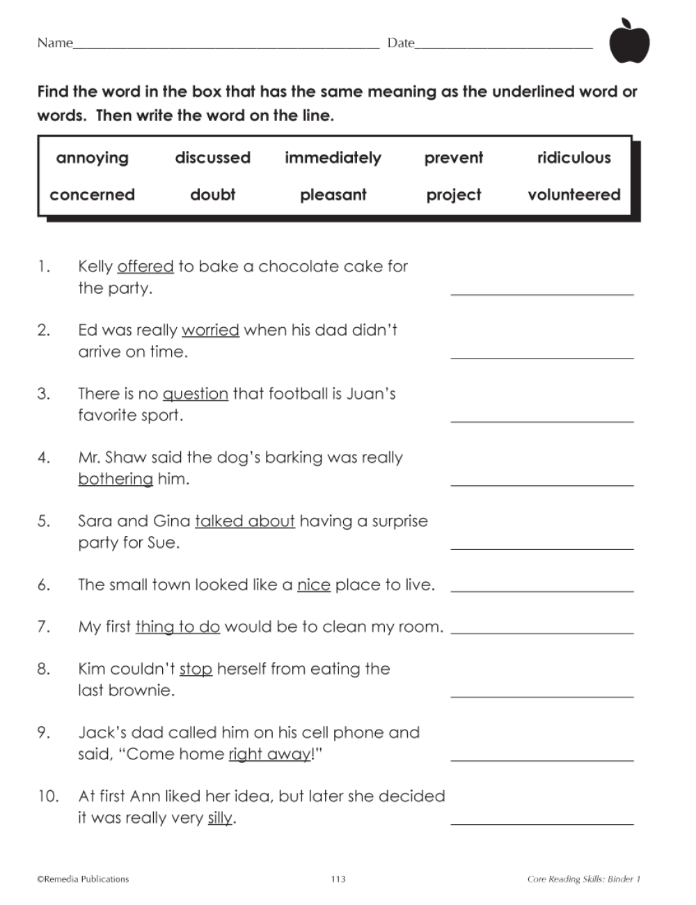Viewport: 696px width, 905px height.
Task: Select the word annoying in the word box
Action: pyautogui.click(x=93, y=158)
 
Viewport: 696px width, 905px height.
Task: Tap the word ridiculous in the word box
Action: pyautogui.click(x=574, y=158)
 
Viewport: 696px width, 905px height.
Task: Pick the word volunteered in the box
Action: pyautogui.click(x=574, y=195)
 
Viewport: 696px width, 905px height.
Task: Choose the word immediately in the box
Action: pyautogui.click(x=333, y=158)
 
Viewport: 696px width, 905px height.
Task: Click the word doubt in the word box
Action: pyautogui.click(x=212, y=195)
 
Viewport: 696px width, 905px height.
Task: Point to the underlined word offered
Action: pyautogui.click(x=145, y=267)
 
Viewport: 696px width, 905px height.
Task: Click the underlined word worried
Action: pyautogui.click(x=210, y=330)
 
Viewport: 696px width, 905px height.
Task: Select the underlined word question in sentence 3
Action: pyautogui.click(x=196, y=394)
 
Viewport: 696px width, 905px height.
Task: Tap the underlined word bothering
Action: pyautogui.click(x=116, y=479)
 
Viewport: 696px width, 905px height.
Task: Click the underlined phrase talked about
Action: pyautogui.click(x=245, y=521)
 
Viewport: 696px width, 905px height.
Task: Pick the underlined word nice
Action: pyautogui.click(x=314, y=585)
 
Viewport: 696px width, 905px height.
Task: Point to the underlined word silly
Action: pyautogui.click(x=220, y=818)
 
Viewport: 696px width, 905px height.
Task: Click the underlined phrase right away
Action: pyautogui.click(x=270, y=754)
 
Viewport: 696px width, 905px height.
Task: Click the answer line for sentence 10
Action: pyautogui.click(x=542, y=823)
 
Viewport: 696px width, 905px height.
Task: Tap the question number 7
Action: pyautogui.click(x=44, y=627)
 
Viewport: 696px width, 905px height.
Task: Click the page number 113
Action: pyautogui.click(x=338, y=879)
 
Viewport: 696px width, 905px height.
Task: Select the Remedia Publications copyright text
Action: pyautogui.click(x=83, y=879)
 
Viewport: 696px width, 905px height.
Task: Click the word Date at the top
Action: pyautogui.click(x=401, y=43)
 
